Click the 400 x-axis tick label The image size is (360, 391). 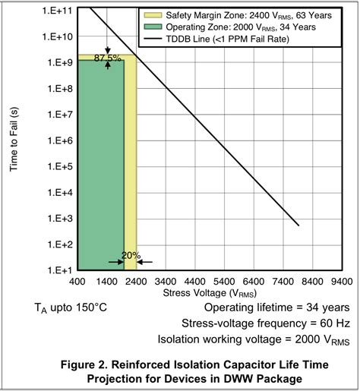pyautogui.click(x=77, y=282)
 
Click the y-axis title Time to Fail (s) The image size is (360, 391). pyautogui.click(x=14, y=140)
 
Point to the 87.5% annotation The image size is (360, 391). pyautogui.click(x=108, y=58)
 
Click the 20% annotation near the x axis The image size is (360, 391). pyautogui.click(x=130, y=255)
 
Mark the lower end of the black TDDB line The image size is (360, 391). pyautogui.click(x=298, y=225)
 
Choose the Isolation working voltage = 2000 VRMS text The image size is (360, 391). pyautogui.click(x=253, y=339)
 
